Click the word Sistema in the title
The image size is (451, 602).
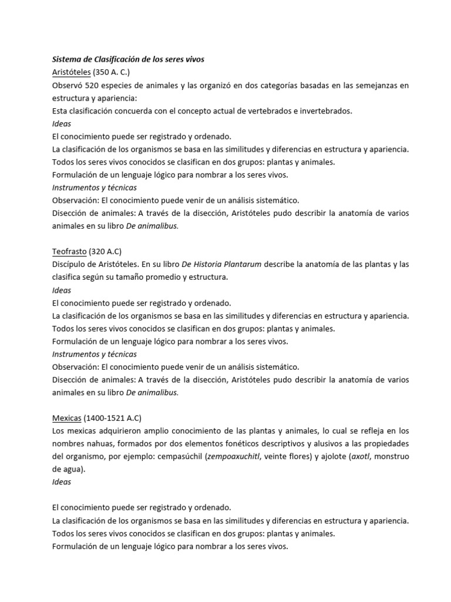(x=67, y=59)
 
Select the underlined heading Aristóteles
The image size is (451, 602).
(x=71, y=72)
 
